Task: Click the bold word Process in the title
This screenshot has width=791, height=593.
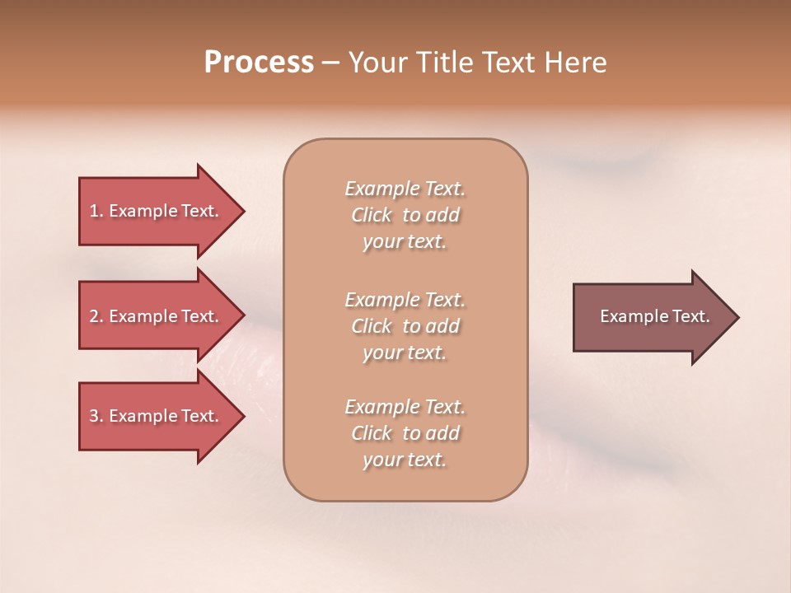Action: point(259,63)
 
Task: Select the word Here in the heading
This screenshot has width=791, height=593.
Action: point(575,63)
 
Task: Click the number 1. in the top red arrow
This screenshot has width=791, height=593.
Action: point(96,211)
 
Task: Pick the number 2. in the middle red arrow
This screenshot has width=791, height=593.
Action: point(96,316)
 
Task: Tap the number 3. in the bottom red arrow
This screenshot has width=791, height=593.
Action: point(96,416)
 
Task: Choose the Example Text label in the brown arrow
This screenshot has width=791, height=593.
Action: point(654,316)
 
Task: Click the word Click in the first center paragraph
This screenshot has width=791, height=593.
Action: point(372,215)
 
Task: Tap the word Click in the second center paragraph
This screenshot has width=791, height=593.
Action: point(372,326)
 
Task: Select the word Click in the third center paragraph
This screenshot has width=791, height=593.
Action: point(372,433)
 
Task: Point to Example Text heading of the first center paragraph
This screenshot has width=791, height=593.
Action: point(405,189)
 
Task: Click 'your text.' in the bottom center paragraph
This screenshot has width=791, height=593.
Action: point(405,460)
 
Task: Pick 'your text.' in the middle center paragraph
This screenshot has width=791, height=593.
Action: point(405,353)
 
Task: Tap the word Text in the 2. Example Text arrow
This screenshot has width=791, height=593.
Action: point(199,316)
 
